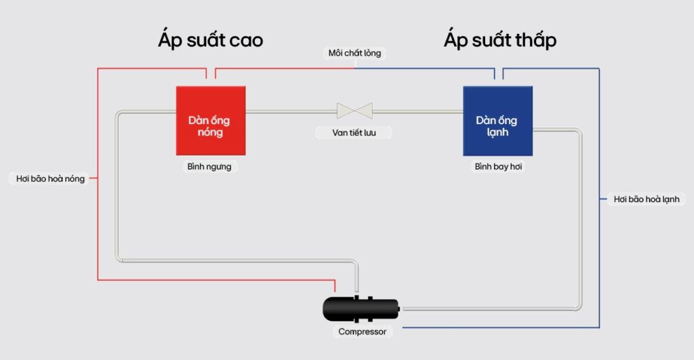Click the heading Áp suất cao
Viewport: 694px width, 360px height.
coord(211,39)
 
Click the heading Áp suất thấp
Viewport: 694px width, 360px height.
coord(500,39)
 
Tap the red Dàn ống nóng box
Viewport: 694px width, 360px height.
coord(211,121)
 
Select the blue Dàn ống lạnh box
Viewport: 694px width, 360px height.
coord(498,121)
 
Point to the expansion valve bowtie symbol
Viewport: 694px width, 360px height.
coord(354,111)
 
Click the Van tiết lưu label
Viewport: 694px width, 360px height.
coord(354,132)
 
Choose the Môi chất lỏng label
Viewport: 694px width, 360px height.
coord(354,53)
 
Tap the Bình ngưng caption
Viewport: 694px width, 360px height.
coord(209,167)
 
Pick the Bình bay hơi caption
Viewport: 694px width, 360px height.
coord(498,167)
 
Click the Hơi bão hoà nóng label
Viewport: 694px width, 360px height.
coord(50,178)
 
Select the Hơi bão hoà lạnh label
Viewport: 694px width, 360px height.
coord(646,199)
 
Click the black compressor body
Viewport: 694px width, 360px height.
coord(361,308)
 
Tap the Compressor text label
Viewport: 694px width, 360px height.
coord(362,332)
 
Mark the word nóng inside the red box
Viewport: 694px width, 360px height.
coord(210,132)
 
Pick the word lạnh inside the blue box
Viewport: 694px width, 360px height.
coord(497,132)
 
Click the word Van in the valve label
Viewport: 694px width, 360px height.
coord(340,132)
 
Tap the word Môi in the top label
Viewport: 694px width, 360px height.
coord(335,53)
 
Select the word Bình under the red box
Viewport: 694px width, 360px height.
coord(196,167)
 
